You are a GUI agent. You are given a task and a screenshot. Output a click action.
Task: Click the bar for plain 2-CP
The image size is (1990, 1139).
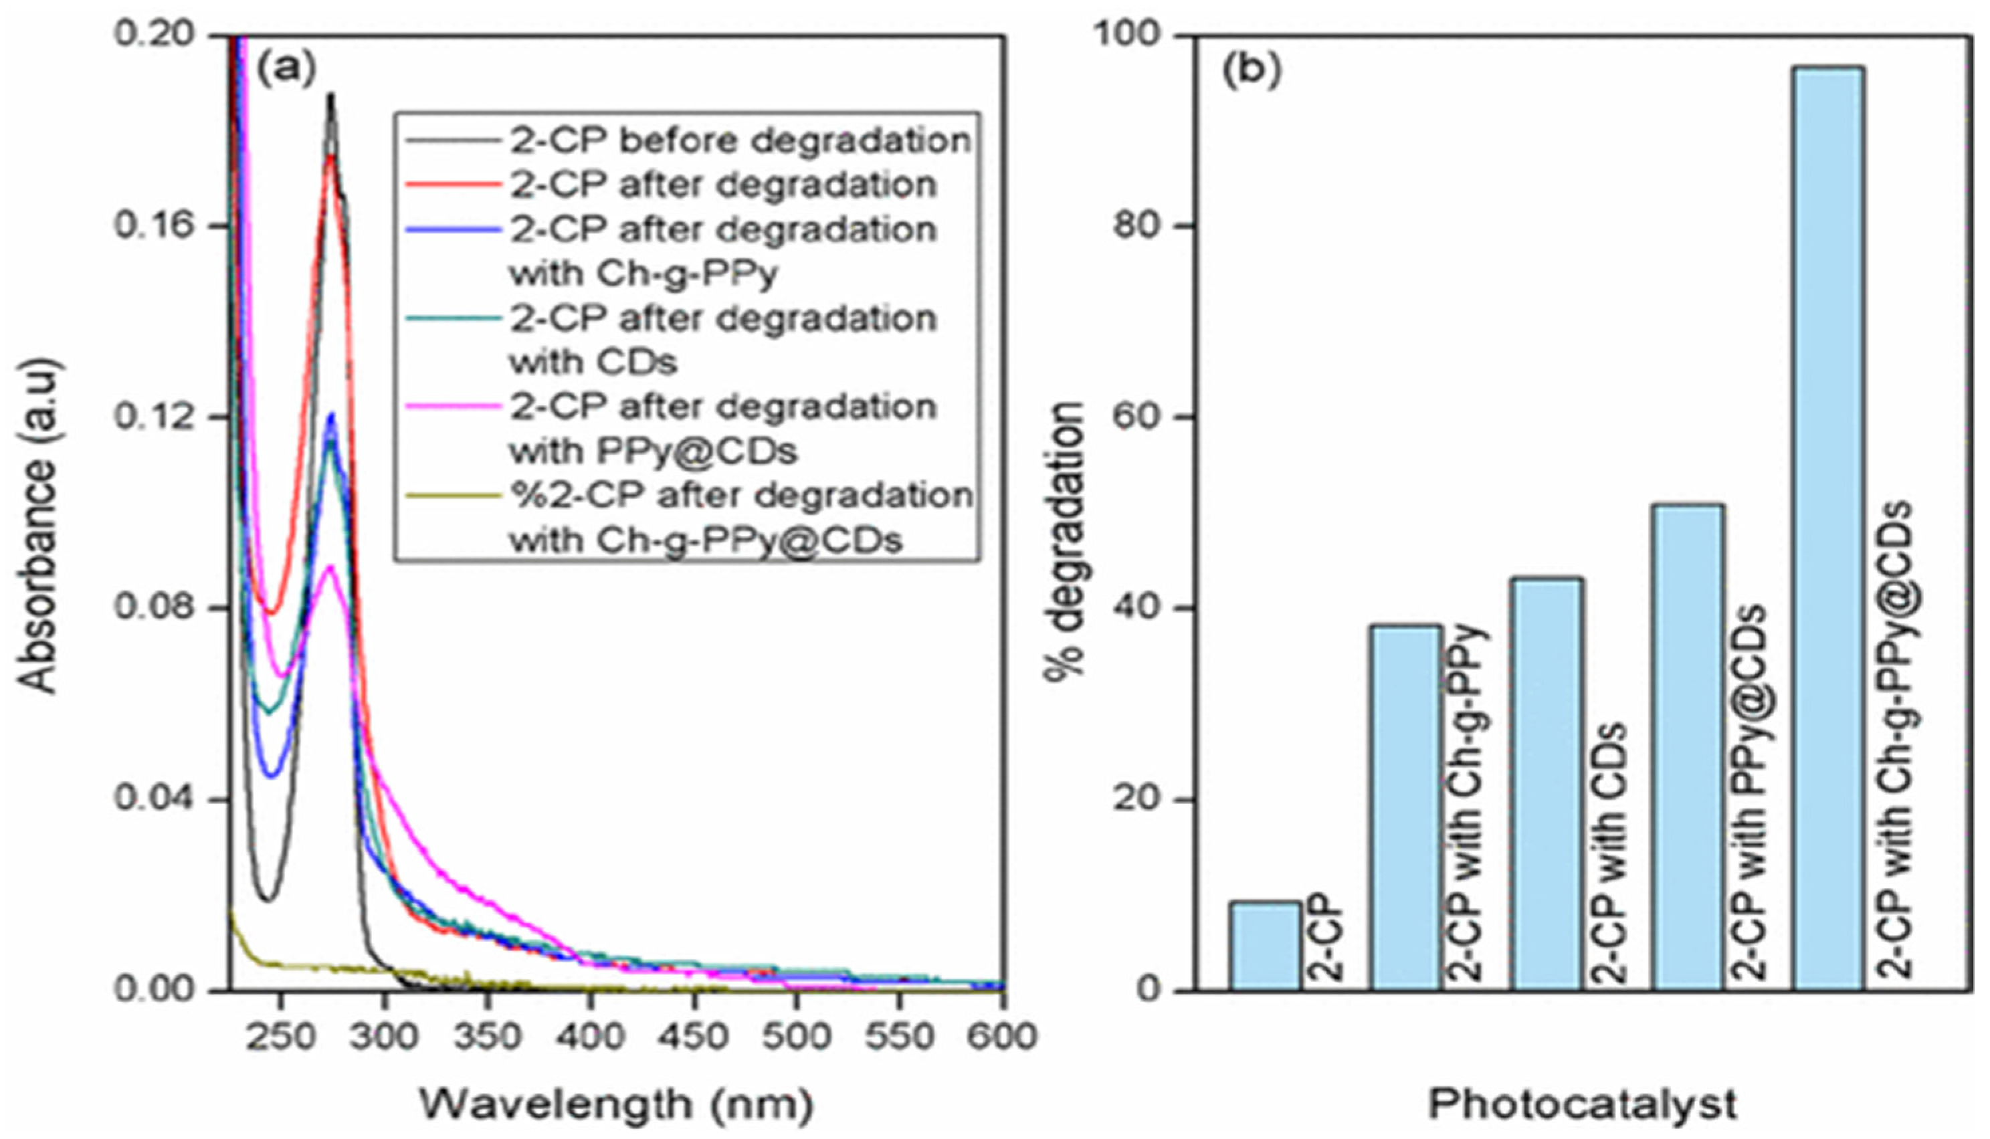(x=1266, y=946)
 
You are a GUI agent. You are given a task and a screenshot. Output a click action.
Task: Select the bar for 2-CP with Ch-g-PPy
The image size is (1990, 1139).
(x=1405, y=807)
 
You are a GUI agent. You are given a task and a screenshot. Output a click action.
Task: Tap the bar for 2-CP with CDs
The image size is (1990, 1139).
(x=1547, y=783)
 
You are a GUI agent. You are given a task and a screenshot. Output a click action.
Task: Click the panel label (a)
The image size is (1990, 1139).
(x=286, y=69)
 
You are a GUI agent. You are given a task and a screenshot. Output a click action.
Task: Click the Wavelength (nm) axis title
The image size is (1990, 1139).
(x=617, y=1104)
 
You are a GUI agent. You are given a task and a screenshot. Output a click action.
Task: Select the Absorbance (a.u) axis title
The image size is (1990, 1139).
(x=37, y=526)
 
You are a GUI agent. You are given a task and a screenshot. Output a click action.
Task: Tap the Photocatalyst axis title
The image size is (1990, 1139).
(x=1582, y=1104)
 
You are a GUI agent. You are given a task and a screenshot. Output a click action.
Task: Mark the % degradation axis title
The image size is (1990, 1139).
(x=1066, y=540)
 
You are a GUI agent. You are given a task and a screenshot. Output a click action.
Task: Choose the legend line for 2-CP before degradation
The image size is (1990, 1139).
(x=452, y=141)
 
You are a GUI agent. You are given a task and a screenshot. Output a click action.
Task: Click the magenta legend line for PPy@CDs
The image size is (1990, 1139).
(x=452, y=406)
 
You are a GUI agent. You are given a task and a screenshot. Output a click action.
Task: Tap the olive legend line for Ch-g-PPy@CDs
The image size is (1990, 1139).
(x=452, y=495)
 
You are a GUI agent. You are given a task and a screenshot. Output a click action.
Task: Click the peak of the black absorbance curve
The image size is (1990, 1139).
(x=330, y=96)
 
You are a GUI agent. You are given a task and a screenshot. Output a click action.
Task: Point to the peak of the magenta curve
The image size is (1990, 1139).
(x=330, y=566)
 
